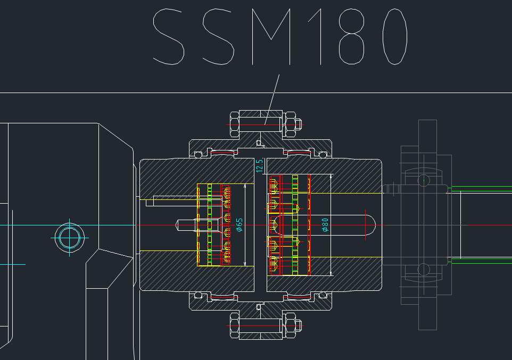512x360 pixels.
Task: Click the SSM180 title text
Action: click(280, 37)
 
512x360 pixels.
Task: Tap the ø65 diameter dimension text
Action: click(240, 225)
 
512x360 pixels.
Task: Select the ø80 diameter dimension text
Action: click(325, 225)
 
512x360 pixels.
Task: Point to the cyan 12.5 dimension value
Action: click(260, 166)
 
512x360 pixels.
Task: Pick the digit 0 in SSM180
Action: click(395, 37)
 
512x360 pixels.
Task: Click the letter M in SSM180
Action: click(271, 37)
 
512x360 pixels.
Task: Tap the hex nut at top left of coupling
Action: click(235, 124)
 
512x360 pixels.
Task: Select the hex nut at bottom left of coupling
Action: click(235, 325)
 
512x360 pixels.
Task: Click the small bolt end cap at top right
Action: click(299, 124)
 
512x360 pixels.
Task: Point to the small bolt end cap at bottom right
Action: click(299, 325)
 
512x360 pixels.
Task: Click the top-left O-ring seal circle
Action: click(198, 155)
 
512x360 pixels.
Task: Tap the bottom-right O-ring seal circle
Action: click(323, 295)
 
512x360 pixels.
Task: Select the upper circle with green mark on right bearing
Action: click(424, 180)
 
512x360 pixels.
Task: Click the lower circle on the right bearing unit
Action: click(424, 270)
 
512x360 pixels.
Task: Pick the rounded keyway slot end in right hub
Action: click(371, 225)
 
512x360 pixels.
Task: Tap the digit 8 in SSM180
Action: click(352, 37)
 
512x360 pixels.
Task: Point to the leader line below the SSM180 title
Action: click(272, 99)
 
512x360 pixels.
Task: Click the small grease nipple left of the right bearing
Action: click(391, 189)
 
